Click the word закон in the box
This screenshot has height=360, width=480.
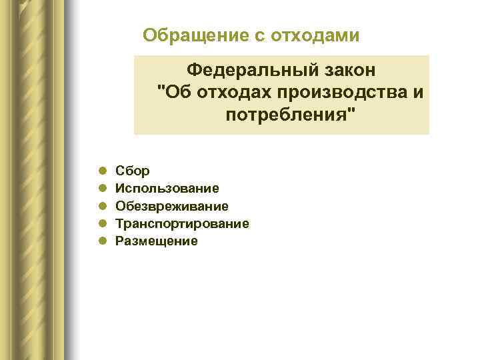point(348,69)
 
